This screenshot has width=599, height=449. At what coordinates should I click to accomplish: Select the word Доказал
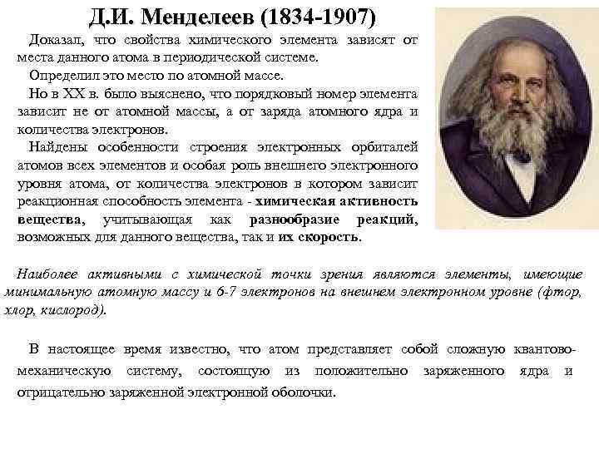click(x=55, y=40)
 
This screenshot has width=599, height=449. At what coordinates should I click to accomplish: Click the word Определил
click(x=64, y=76)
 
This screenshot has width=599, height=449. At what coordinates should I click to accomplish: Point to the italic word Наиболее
click(x=52, y=274)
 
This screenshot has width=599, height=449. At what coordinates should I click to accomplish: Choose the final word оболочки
click(x=303, y=392)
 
